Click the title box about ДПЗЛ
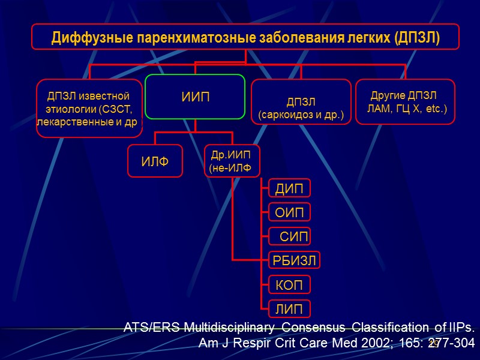tap(245, 37)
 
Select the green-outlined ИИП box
tap(196, 97)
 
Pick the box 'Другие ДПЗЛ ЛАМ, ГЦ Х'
tap(405, 102)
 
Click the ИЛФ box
tap(154, 160)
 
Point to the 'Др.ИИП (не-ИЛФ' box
tap(232, 161)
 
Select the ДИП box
tap(289, 189)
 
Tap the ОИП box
tap(289, 212)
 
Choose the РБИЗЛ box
tap(293, 260)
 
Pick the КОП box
tap(289, 284)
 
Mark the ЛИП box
tap(289, 308)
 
